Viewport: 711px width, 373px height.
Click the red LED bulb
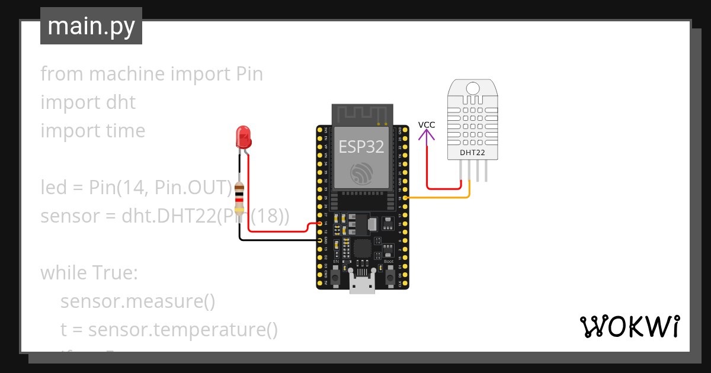(x=243, y=137)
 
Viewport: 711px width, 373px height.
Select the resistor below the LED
(x=239, y=198)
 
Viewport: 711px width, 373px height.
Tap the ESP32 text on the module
(x=361, y=146)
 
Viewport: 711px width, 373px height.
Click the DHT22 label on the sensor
(x=472, y=153)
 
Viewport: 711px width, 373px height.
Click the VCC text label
(x=427, y=125)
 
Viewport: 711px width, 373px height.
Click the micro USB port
(x=362, y=284)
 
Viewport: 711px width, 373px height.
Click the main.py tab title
(x=91, y=26)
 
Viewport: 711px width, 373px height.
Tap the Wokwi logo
(x=629, y=326)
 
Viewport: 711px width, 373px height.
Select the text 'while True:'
(x=89, y=273)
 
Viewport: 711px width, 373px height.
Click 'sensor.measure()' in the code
(x=137, y=301)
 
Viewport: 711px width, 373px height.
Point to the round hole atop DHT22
(x=472, y=88)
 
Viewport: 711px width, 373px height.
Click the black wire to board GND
(x=278, y=240)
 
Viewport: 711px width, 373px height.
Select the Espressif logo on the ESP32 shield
(x=361, y=172)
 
